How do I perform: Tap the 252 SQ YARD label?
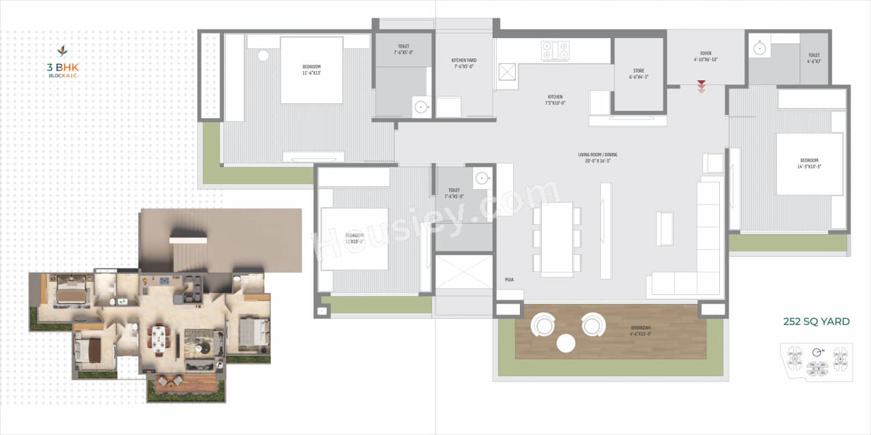[x=816, y=321]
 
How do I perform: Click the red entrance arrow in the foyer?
[x=701, y=86]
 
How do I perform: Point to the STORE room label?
[x=638, y=73]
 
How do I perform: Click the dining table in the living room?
[x=557, y=239]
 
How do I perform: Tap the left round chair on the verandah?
[x=543, y=325]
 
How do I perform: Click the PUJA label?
[x=509, y=279]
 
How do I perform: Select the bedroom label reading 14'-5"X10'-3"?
[x=809, y=163]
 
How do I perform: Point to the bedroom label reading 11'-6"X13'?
[x=311, y=70]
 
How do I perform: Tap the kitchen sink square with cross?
[x=508, y=71]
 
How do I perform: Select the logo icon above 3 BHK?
[x=62, y=51]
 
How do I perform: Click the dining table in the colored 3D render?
[x=159, y=338]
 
